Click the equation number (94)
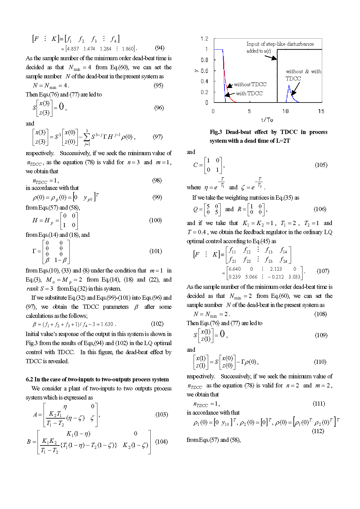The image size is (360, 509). [159, 48]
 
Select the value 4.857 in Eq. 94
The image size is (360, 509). [73, 49]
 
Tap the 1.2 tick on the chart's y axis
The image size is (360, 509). [205, 39]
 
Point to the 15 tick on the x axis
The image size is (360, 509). [321, 111]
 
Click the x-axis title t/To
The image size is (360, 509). [267, 120]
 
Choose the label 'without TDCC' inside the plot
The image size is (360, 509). [250, 84]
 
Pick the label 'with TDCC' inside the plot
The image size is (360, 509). [249, 93]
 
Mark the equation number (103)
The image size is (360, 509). [162, 414]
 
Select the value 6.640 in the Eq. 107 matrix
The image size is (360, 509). [235, 269]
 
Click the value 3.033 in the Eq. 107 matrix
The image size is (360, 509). [294, 277]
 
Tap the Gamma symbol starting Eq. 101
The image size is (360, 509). [34, 251]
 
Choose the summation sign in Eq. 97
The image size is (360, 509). [87, 137]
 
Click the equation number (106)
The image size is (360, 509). [320, 209]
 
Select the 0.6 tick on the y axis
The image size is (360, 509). [205, 71]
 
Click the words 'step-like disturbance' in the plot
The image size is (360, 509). [290, 44]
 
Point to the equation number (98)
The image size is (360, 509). [157, 180]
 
